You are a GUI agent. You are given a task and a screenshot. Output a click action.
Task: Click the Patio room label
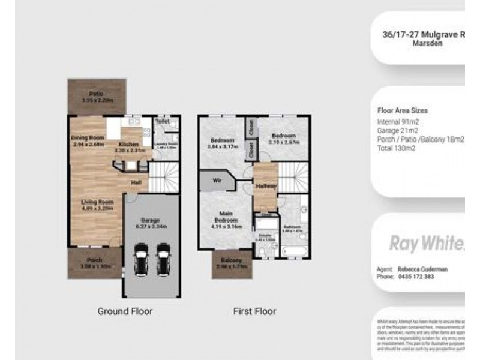[x=96, y=94]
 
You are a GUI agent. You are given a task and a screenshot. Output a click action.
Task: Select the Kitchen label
[x=129, y=145]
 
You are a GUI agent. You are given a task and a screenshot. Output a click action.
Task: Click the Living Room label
[x=97, y=202]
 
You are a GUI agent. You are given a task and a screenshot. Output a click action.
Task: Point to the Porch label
[x=95, y=260]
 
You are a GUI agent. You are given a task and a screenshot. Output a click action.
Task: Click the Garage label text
[x=151, y=220]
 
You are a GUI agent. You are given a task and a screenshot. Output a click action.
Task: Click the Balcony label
[x=231, y=260]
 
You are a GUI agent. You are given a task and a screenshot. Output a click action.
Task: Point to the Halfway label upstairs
[x=266, y=187]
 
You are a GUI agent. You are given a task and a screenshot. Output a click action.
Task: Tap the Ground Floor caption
[x=125, y=311]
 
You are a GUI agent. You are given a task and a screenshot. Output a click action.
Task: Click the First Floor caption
[x=254, y=311]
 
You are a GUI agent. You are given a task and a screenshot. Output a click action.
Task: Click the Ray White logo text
[x=427, y=243]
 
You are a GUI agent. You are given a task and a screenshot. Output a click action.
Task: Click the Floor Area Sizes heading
[x=402, y=110]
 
